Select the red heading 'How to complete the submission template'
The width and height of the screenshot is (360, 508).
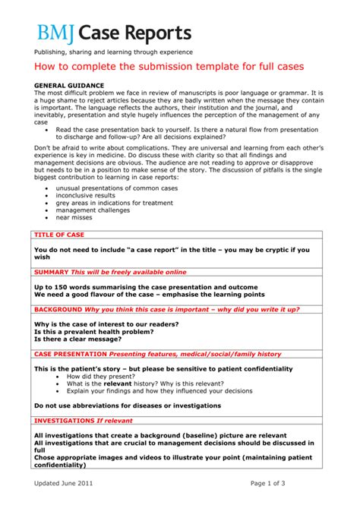click(168, 67)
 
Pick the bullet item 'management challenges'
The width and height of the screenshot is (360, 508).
click(98, 210)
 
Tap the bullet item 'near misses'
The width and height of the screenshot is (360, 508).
click(79, 218)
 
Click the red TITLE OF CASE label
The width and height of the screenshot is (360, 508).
click(59, 235)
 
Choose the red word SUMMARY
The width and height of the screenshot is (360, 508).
click(52, 271)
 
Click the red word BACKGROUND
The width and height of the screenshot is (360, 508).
click(58, 309)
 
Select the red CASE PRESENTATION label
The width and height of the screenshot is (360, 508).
click(71, 354)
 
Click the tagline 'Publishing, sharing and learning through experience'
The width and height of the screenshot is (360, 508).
click(112, 52)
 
